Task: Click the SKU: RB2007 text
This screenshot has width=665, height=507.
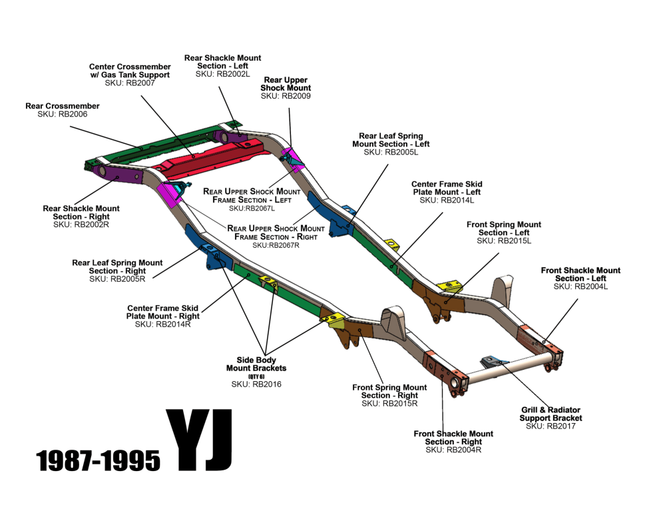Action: [x=130, y=83]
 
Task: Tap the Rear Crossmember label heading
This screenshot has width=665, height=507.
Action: [x=63, y=106]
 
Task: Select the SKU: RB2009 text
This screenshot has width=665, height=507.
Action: [x=286, y=96]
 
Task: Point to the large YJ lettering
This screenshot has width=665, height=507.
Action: [x=199, y=440]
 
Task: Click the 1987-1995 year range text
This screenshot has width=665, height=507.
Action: [x=99, y=460]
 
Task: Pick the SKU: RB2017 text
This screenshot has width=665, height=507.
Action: [x=551, y=426]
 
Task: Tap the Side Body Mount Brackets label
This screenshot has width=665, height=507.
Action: [x=256, y=364]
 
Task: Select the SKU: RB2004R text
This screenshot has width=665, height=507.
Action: [x=453, y=450]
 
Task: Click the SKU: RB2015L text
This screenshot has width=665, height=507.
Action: [x=504, y=241]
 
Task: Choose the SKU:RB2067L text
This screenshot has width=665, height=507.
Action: [x=252, y=209]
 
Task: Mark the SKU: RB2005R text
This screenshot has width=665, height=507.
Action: [x=117, y=279]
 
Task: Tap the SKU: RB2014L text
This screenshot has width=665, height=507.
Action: [x=447, y=201]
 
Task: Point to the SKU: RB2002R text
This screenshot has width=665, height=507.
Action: [x=81, y=225]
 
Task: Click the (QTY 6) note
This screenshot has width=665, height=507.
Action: [x=256, y=376]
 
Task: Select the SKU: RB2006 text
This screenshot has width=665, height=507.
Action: [x=63, y=114]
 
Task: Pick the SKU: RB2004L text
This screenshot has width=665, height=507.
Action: [x=580, y=286]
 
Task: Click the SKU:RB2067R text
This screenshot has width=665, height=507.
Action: [x=276, y=245]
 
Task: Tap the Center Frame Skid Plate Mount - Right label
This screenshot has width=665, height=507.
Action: [x=163, y=312]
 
